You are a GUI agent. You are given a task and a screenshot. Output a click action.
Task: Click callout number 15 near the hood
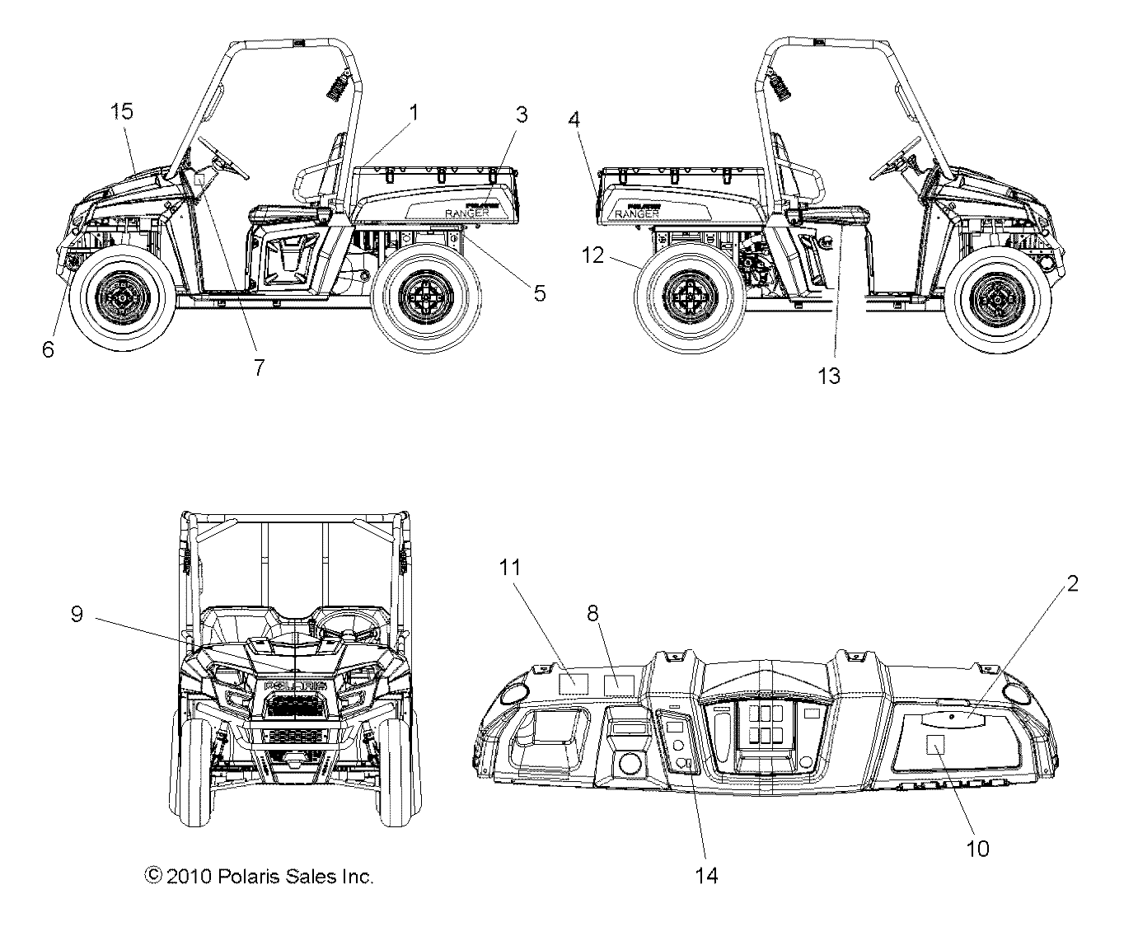tap(122, 111)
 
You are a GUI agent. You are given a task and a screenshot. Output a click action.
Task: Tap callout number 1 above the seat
tap(414, 111)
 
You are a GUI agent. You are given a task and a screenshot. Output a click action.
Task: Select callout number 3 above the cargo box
tap(522, 115)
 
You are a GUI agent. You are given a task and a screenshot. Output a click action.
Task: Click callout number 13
tap(829, 376)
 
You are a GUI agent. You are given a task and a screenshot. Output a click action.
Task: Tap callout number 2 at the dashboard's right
tap(1072, 583)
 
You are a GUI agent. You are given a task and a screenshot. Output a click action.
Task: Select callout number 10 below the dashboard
tap(977, 848)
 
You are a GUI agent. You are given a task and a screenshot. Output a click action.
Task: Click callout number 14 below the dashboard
tap(706, 875)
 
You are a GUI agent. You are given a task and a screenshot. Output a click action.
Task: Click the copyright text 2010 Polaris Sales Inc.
tap(260, 877)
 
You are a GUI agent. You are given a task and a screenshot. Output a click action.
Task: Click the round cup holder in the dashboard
tap(630, 761)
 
